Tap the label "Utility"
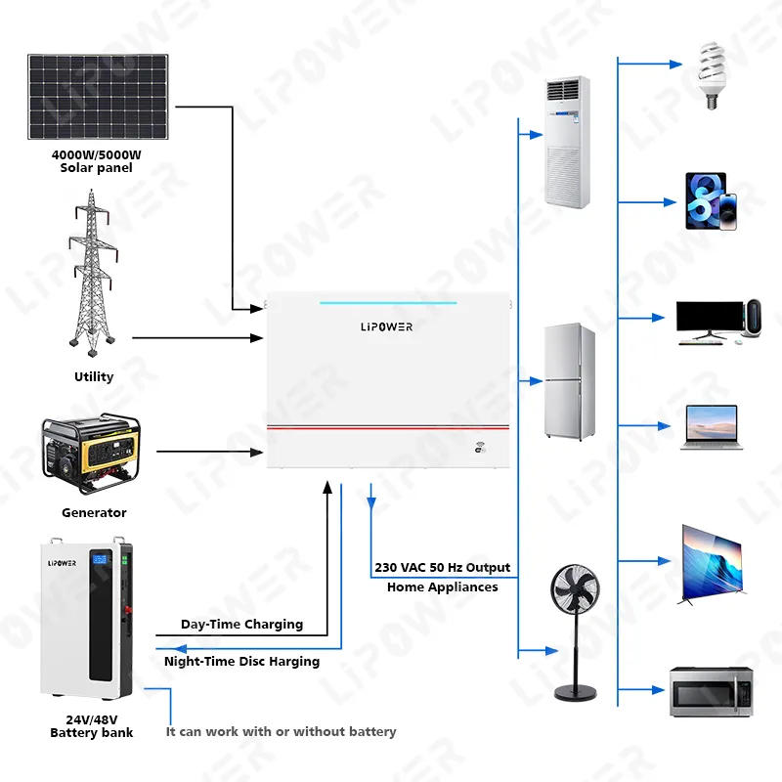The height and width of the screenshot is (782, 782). tap(94, 376)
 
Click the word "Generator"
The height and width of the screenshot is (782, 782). tap(94, 512)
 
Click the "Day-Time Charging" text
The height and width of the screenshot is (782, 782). tap(241, 624)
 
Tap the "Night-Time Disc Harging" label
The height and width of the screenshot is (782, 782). tap(241, 662)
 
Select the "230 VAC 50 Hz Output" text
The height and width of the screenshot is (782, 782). tap(442, 568)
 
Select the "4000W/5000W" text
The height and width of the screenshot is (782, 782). tap(97, 154)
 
